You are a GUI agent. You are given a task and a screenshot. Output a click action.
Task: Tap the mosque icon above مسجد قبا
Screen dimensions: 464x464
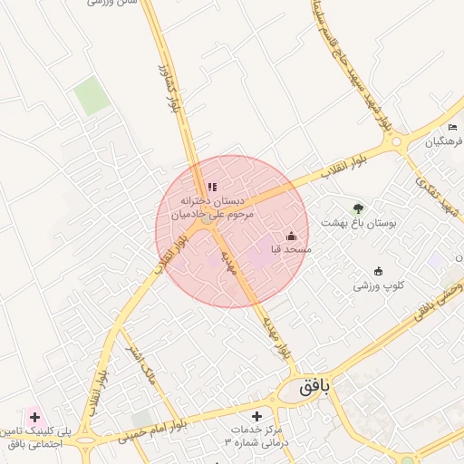290,236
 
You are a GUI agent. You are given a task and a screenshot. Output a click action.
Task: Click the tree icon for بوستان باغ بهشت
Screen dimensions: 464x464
358,208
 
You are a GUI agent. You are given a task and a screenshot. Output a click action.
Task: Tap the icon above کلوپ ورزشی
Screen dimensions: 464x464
378,271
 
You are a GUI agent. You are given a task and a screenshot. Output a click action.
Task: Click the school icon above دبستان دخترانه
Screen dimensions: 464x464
212,188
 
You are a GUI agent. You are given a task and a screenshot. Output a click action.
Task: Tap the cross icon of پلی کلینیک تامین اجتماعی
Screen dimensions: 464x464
34,418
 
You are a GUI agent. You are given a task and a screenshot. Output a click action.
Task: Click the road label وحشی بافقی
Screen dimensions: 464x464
439,298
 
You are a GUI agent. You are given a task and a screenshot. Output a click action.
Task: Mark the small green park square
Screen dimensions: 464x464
92,96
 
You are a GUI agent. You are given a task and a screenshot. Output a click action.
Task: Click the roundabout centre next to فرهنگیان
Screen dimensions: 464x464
395,142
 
